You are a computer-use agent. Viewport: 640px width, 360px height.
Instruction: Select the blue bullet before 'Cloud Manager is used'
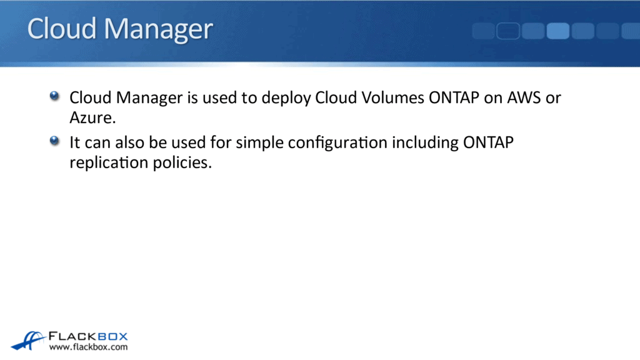click(x=55, y=96)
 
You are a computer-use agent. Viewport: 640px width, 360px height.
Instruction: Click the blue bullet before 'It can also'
click(x=55, y=141)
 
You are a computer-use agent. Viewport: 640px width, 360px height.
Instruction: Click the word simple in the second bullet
click(x=255, y=144)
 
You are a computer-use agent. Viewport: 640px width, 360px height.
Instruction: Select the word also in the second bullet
click(x=130, y=143)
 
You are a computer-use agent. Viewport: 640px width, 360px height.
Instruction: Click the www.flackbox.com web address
click(x=88, y=347)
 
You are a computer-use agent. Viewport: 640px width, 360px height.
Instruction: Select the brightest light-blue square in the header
click(x=557, y=31)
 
